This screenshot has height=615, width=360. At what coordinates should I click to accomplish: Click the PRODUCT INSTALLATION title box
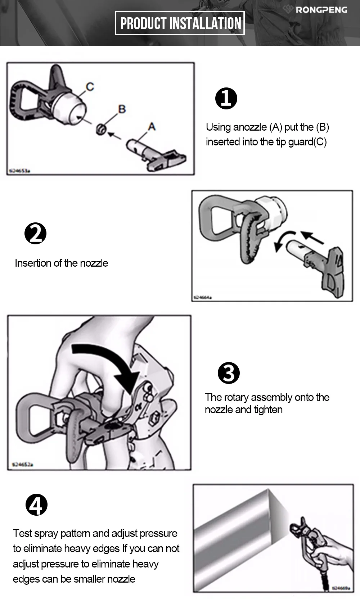click(x=180, y=23)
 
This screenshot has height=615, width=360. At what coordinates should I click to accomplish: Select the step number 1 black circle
click(x=226, y=98)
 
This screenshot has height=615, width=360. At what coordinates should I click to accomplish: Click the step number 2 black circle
click(x=35, y=234)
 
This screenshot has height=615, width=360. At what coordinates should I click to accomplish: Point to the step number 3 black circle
click(x=229, y=373)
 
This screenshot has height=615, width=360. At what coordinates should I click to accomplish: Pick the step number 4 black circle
click(x=36, y=505)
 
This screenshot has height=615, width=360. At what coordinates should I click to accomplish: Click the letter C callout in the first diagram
click(x=90, y=87)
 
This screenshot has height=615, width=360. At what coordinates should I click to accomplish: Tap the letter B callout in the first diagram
click(x=122, y=109)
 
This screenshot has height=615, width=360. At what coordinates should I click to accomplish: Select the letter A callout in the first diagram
click(x=152, y=127)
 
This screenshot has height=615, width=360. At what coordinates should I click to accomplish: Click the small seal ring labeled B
click(x=101, y=129)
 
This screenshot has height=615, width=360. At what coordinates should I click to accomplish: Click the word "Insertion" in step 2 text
click(x=33, y=263)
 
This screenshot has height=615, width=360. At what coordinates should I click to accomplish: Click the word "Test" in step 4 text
click(x=22, y=533)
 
